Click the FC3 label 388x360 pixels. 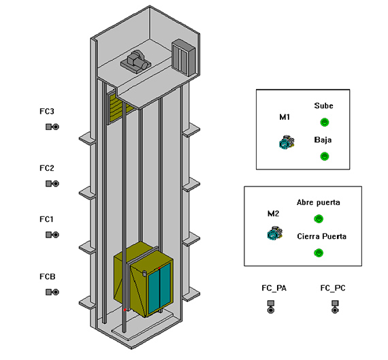click(47, 112)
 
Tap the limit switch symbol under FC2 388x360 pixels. click(52, 184)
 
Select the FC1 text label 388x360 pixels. click(46, 219)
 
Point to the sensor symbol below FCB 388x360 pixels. click(52, 292)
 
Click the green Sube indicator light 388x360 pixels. click(325, 122)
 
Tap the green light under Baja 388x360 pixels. click(325, 156)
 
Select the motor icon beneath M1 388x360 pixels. click(287, 142)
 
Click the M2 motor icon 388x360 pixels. click(275, 233)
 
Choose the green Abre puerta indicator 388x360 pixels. click(319, 218)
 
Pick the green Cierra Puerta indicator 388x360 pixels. click(319, 252)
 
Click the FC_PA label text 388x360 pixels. click(274, 288)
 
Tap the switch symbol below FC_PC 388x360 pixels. click(335, 307)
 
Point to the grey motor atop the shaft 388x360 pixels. click(136, 61)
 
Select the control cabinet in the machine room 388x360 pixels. click(184, 57)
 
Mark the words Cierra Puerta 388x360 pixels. click(322, 237)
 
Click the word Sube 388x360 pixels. click(323, 106)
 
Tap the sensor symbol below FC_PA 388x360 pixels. click(271, 307)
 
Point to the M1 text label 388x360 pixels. click(285, 117)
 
